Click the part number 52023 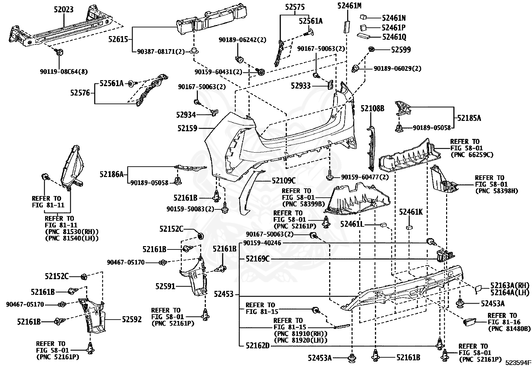[63, 9]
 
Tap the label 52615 [118, 39]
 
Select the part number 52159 [187, 129]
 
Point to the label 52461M [349, 6]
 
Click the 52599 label [401, 50]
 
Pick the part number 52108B [372, 109]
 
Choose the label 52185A [469, 118]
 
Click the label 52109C [284, 181]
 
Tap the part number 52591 [165, 286]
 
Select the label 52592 [132, 319]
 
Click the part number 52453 [224, 294]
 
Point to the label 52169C [258, 259]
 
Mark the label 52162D [258, 346]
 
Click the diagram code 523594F [518, 362]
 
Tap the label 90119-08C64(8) [63, 71]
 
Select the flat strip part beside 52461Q [363, 36]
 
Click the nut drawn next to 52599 [372, 49]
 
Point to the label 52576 [80, 93]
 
